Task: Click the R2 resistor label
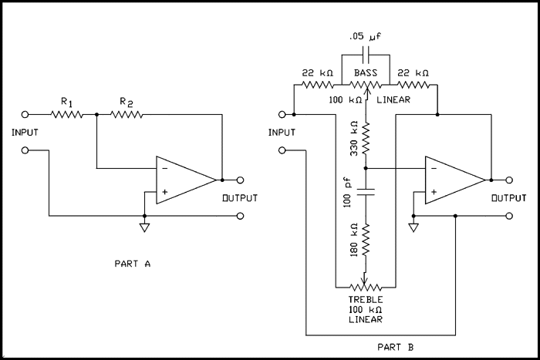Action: [126, 101]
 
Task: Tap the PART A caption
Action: [132, 264]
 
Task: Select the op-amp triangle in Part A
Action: [184, 180]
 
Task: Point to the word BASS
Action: [366, 72]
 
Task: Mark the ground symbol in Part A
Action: [144, 227]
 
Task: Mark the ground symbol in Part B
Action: [414, 227]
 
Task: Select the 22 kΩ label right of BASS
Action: [413, 72]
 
